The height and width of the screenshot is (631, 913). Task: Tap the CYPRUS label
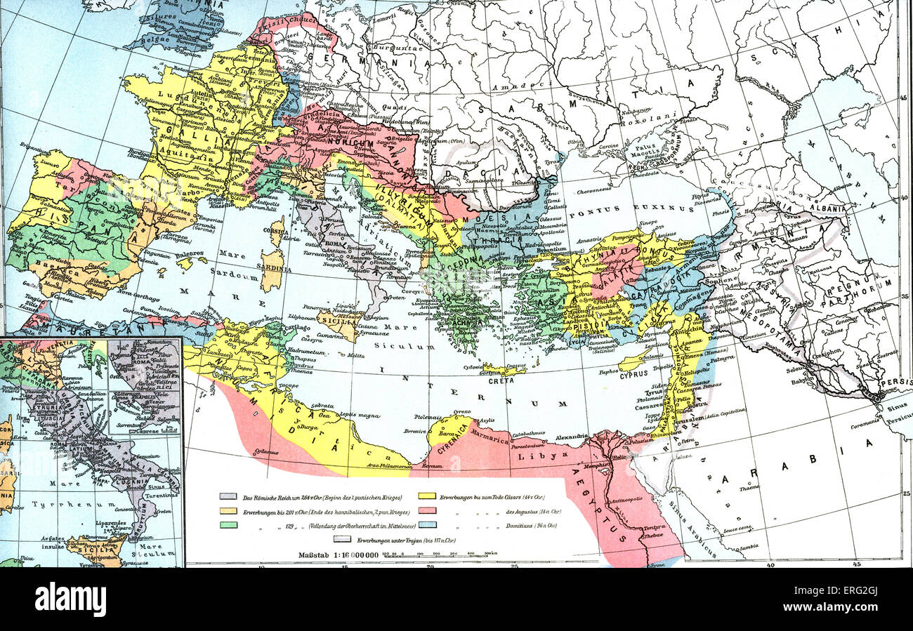633,374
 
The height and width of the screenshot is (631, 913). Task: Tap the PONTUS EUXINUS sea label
610,208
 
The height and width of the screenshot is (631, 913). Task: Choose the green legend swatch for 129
228,524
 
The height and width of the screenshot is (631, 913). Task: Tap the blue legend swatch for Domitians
428,524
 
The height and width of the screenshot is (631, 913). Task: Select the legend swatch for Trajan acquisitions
343,539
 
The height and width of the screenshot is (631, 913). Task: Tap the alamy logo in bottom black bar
70,599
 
